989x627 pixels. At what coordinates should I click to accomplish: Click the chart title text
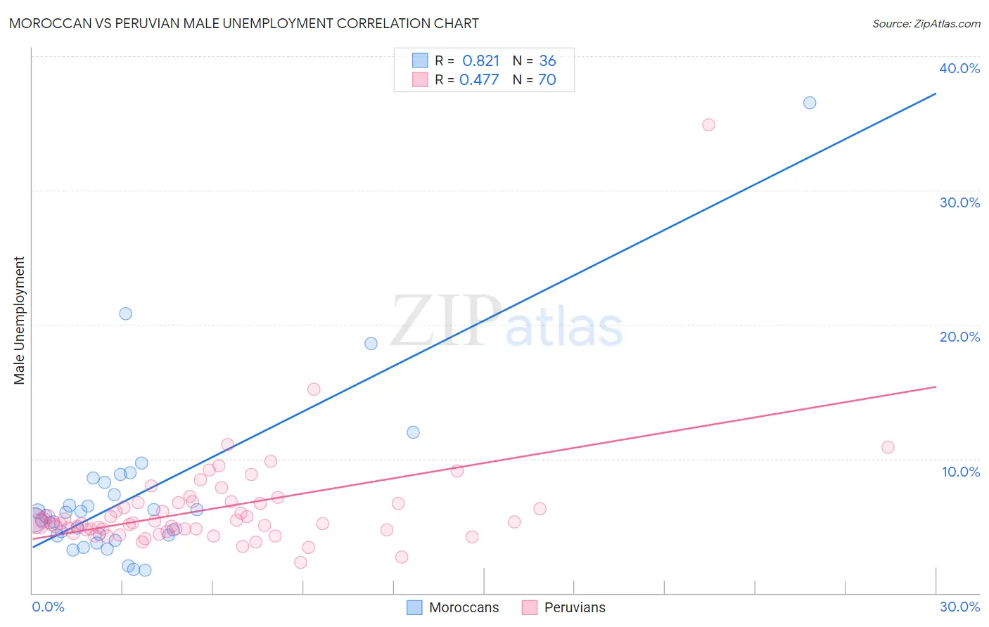(x=244, y=23)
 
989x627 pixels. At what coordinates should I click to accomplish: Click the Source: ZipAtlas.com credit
(x=926, y=23)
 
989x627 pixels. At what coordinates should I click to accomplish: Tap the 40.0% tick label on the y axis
(x=959, y=68)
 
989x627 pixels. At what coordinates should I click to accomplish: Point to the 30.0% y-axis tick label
(x=959, y=202)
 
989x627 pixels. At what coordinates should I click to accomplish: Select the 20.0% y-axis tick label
(x=959, y=337)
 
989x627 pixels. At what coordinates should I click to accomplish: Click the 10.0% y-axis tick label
(x=960, y=472)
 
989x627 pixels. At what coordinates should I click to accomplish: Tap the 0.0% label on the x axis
(x=48, y=607)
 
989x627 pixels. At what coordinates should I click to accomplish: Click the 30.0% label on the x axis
(x=959, y=607)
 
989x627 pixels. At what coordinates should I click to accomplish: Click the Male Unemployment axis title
(x=19, y=321)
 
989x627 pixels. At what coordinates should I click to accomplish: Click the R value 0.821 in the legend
(x=480, y=61)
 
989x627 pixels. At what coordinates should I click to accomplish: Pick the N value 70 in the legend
(x=547, y=80)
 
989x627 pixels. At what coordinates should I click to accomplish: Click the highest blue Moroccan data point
(x=810, y=103)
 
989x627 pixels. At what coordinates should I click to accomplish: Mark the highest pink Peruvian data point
(x=708, y=124)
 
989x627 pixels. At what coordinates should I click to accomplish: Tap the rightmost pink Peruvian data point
(x=888, y=447)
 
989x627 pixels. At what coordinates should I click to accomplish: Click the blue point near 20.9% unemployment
(x=126, y=313)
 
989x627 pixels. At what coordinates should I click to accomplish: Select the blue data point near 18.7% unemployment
(x=371, y=344)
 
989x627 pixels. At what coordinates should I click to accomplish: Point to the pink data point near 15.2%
(x=314, y=389)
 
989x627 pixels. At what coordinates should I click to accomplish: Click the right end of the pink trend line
(x=936, y=387)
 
